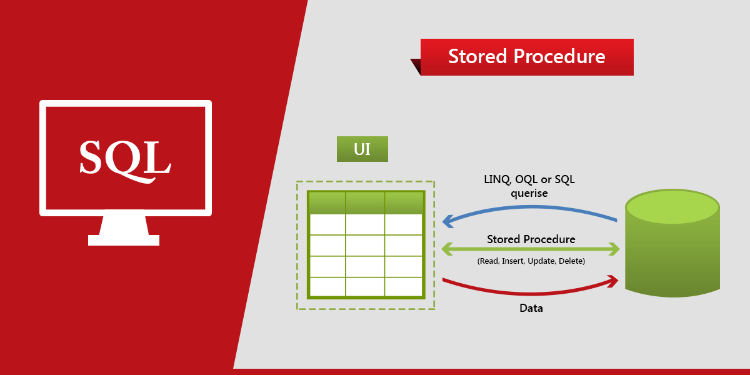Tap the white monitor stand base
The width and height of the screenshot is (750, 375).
[124, 240]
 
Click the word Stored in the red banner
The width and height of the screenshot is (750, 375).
[477, 57]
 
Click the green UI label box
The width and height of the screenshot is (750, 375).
[362, 149]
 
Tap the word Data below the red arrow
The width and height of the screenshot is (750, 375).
[531, 308]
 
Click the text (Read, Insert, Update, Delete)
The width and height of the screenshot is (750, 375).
[531, 261]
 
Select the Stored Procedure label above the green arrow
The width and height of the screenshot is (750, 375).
[531, 239]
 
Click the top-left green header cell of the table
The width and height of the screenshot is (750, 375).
[327, 203]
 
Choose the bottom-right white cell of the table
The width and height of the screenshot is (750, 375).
[403, 286]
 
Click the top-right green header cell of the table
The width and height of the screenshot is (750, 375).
[403, 203]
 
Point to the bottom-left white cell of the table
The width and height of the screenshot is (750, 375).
[327, 286]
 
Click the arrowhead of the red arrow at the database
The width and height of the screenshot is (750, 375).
[612, 282]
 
